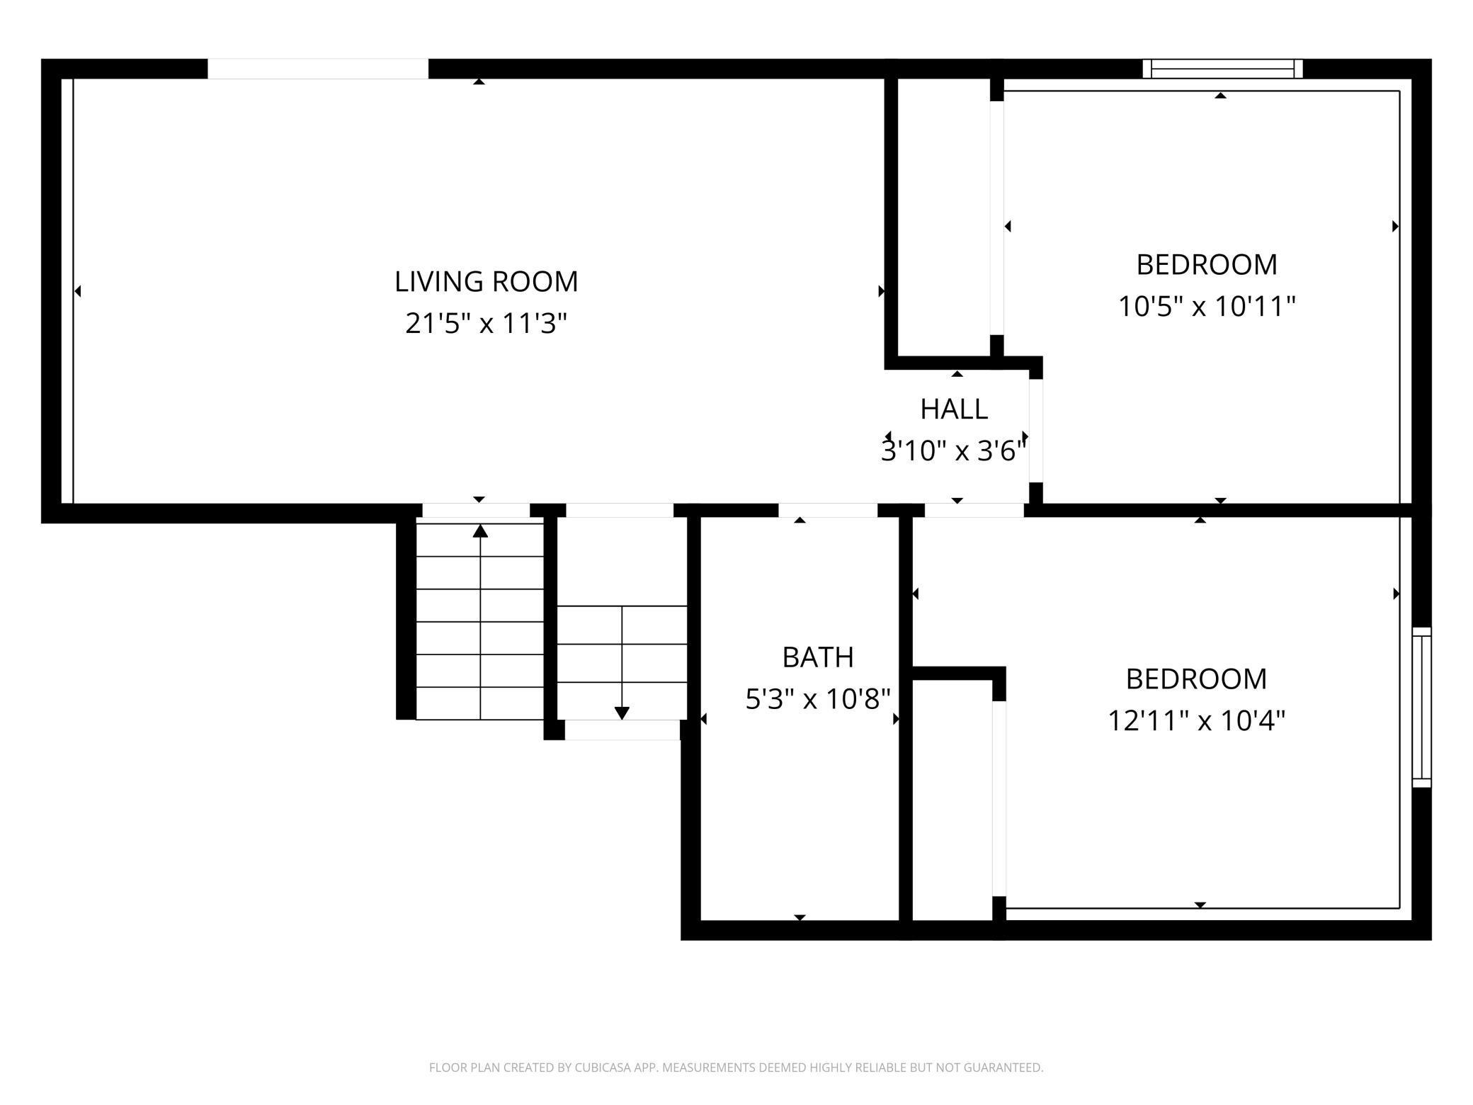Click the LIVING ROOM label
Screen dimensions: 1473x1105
[487, 281]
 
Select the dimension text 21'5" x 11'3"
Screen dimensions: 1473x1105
[487, 324]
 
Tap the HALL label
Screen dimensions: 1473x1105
[954, 409]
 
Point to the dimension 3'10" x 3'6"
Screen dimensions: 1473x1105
[954, 450]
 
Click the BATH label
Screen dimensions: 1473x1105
[818, 657]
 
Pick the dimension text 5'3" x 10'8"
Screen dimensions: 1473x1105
[818, 699]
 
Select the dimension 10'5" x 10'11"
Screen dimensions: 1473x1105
[1207, 307]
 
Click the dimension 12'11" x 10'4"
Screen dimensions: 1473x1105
[1196, 721]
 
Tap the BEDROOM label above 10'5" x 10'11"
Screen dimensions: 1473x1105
[1207, 264]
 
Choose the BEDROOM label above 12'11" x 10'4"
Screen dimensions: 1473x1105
[1196, 679]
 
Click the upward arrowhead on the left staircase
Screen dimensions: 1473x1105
[481, 531]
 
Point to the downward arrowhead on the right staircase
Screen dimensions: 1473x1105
[622, 713]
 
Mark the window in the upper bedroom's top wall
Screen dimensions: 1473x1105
[1223, 69]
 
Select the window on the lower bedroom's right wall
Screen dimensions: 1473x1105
[1421, 707]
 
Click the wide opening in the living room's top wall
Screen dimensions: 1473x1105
[318, 69]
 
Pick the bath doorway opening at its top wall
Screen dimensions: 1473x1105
[828, 510]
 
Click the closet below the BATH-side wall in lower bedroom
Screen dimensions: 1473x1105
[952, 800]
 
